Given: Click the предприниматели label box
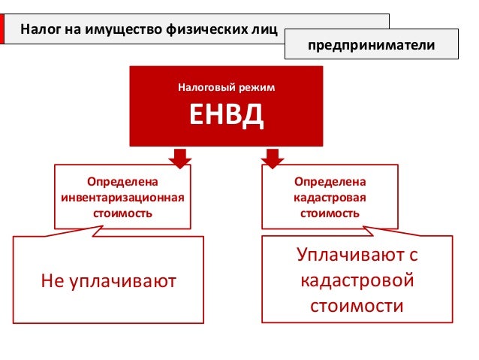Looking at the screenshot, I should point(372,46).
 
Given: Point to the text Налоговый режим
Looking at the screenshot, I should point(226,88).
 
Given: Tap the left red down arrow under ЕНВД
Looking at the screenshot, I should point(179,157).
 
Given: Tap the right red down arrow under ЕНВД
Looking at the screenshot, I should point(272,157).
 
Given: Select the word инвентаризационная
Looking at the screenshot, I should point(122,198).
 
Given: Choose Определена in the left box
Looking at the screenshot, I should point(122,183).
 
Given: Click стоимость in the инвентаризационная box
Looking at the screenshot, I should point(122,213).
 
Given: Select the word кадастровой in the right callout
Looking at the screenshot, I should point(357,281).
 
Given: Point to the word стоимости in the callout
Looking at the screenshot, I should point(357,307).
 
